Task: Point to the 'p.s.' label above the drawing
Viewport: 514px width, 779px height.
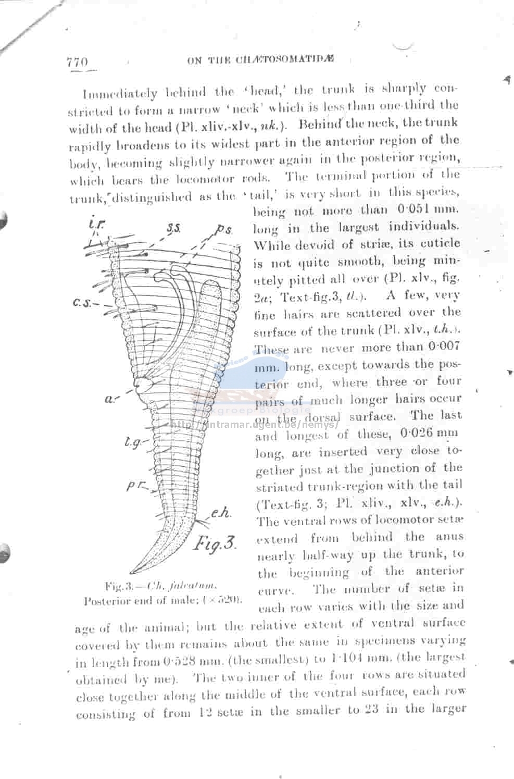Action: (225, 229)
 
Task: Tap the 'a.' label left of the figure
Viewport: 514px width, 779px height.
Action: (110, 399)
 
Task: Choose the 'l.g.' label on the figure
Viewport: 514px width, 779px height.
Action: (132, 442)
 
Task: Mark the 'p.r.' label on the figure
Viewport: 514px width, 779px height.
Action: (135, 486)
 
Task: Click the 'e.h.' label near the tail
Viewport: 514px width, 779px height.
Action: (220, 514)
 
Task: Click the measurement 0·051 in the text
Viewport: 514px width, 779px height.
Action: (416, 209)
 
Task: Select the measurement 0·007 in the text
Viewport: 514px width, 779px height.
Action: (444, 347)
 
